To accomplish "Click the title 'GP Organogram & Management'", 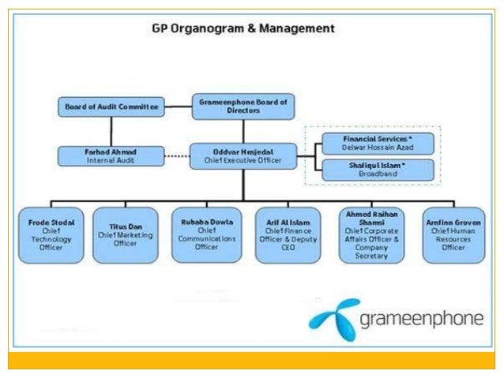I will tap(243, 28).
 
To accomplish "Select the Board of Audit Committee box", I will tap(111, 107).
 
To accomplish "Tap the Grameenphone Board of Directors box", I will tap(243, 107).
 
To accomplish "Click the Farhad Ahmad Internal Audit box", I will tap(111, 155).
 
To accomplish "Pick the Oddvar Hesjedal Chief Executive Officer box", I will tap(243, 155).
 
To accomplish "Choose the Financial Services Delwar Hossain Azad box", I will tap(378, 144).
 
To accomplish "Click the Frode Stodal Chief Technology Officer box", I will tap(51, 235).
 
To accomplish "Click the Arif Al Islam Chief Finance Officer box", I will tap(288, 235).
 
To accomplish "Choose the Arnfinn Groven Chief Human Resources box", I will tap(453, 235).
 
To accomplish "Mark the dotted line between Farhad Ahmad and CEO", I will tap(178, 156).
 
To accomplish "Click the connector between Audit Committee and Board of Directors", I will tap(179, 106).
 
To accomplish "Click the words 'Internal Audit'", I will tap(111, 160).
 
